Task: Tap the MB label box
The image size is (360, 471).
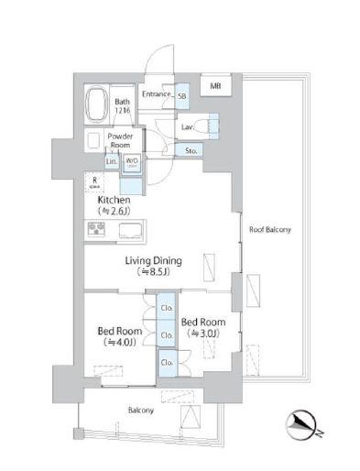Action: (215, 87)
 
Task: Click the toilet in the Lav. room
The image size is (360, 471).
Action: (213, 126)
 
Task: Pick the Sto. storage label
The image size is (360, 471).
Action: (191, 150)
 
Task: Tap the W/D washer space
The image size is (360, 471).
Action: (132, 162)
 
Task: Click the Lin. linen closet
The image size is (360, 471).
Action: (112, 162)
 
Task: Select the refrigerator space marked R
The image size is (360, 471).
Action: (94, 181)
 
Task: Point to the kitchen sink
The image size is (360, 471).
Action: (127, 229)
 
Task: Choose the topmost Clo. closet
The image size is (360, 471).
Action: (167, 308)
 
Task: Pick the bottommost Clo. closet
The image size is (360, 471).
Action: (167, 364)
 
